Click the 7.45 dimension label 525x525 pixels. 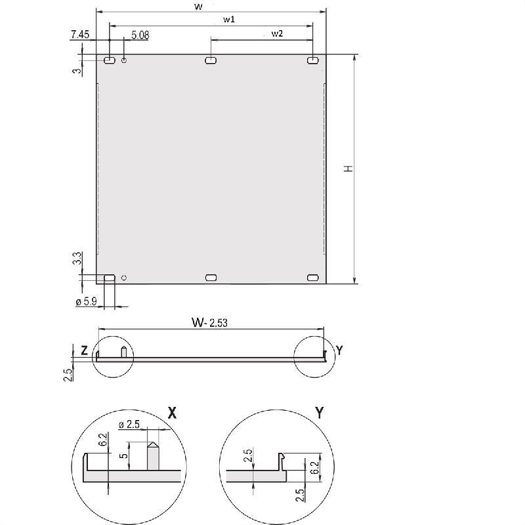pyautogui.click(x=80, y=35)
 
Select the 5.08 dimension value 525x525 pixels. pyautogui.click(x=140, y=35)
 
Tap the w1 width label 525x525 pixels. pyautogui.click(x=229, y=20)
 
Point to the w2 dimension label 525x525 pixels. pyautogui.click(x=277, y=33)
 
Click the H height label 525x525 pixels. pyautogui.click(x=348, y=169)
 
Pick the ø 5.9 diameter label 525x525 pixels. pyautogui.click(x=87, y=302)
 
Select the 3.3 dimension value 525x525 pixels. pyautogui.click(x=77, y=258)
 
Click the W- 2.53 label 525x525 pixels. pyautogui.click(x=209, y=322)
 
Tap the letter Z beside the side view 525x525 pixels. pyautogui.click(x=85, y=350)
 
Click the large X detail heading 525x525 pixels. pyautogui.click(x=172, y=413)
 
